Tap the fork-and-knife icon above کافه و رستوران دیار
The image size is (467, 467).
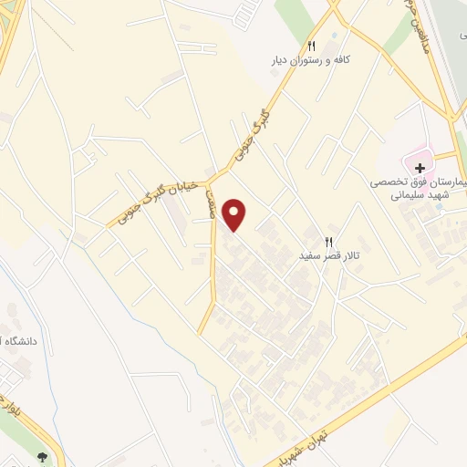(311, 46)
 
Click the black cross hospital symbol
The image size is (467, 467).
(420, 168)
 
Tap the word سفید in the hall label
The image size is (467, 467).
(313, 257)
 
